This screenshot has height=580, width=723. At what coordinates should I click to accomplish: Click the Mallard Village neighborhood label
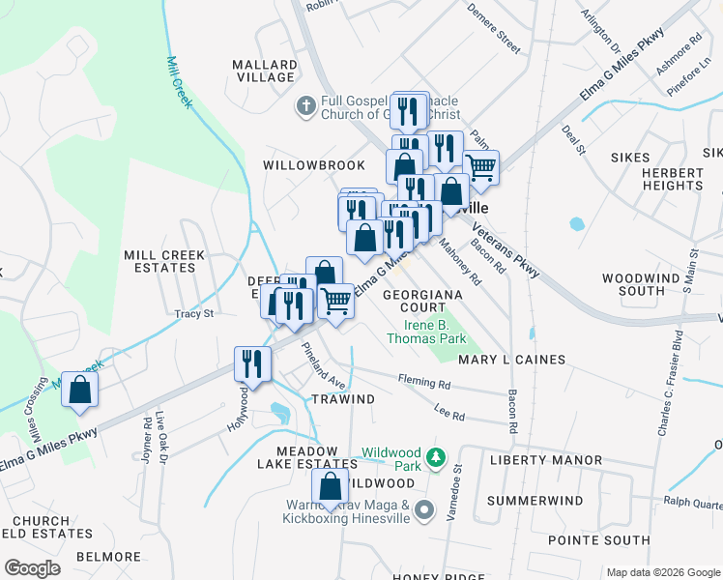(263, 71)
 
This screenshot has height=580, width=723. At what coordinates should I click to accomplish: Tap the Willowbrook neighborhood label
(314, 165)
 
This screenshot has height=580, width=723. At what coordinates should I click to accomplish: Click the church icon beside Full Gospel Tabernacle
(305, 104)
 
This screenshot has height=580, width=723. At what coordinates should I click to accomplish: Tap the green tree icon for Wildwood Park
(437, 455)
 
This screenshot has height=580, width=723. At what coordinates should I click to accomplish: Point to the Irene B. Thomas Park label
(426, 332)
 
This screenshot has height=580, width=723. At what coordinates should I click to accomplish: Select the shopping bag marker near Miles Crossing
(80, 391)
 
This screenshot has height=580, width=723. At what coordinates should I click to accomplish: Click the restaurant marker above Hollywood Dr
(252, 364)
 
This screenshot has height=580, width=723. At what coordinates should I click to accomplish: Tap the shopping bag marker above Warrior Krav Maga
(331, 487)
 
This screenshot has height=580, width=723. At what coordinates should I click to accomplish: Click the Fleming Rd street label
(430, 384)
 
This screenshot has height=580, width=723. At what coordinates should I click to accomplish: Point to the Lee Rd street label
(449, 416)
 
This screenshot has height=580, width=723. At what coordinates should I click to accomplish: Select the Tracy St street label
(192, 313)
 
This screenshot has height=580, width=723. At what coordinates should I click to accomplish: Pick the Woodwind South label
(647, 284)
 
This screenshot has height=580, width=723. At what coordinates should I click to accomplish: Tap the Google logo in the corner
(32, 568)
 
